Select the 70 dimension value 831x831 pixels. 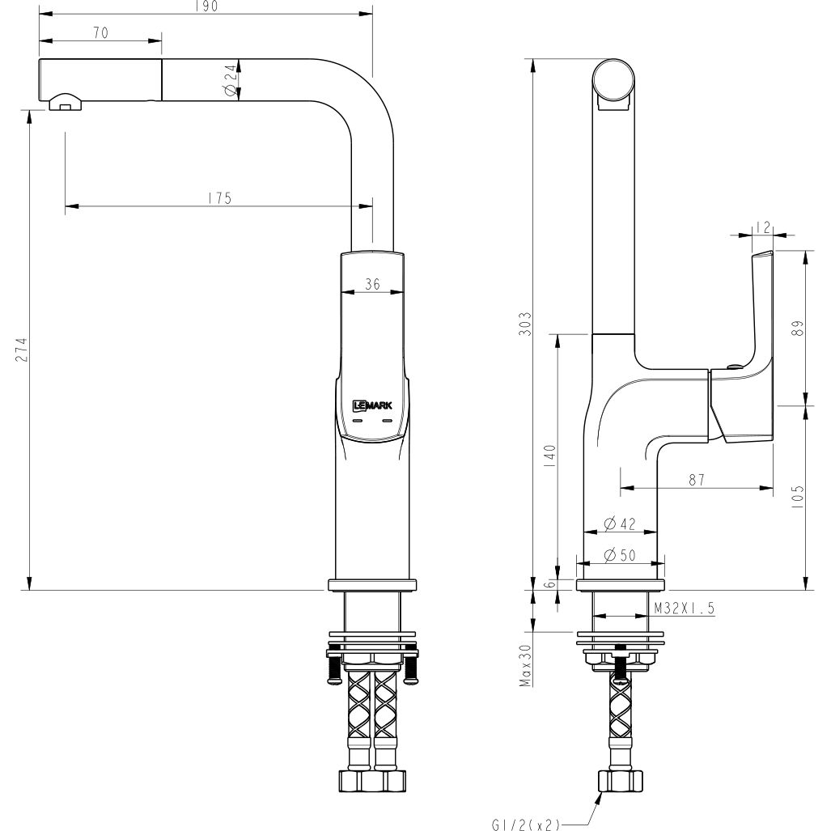point(100,32)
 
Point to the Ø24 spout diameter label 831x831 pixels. point(231,82)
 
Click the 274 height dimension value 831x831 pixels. point(22,349)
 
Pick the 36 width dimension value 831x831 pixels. point(372,283)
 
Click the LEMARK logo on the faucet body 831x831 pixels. point(372,406)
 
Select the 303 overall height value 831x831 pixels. point(525,324)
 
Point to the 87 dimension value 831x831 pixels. point(696,479)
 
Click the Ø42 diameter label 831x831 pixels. point(619,523)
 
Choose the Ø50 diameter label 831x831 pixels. point(619,554)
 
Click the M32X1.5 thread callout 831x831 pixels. point(684,608)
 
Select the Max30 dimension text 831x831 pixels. point(525,666)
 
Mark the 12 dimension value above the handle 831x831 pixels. point(761,227)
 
